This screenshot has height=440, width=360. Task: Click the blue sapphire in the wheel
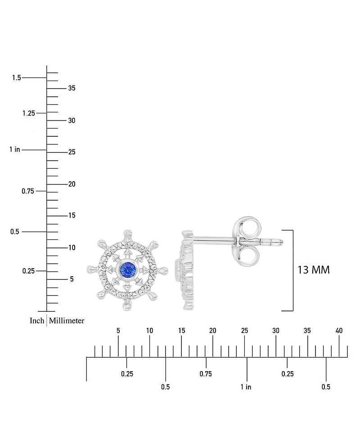tap(128, 270)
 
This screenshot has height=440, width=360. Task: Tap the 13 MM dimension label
tap(313, 270)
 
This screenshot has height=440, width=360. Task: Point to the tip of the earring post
tap(282, 242)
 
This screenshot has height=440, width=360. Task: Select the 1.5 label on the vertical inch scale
tap(17, 77)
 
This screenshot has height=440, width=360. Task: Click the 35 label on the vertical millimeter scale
tap(72, 88)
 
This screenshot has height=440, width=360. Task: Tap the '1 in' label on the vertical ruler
tap(15, 149)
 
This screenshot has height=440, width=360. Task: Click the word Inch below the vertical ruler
tap(37, 321)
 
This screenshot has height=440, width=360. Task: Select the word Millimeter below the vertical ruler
tap(67, 321)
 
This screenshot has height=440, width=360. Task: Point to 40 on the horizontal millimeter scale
tap(339, 331)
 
